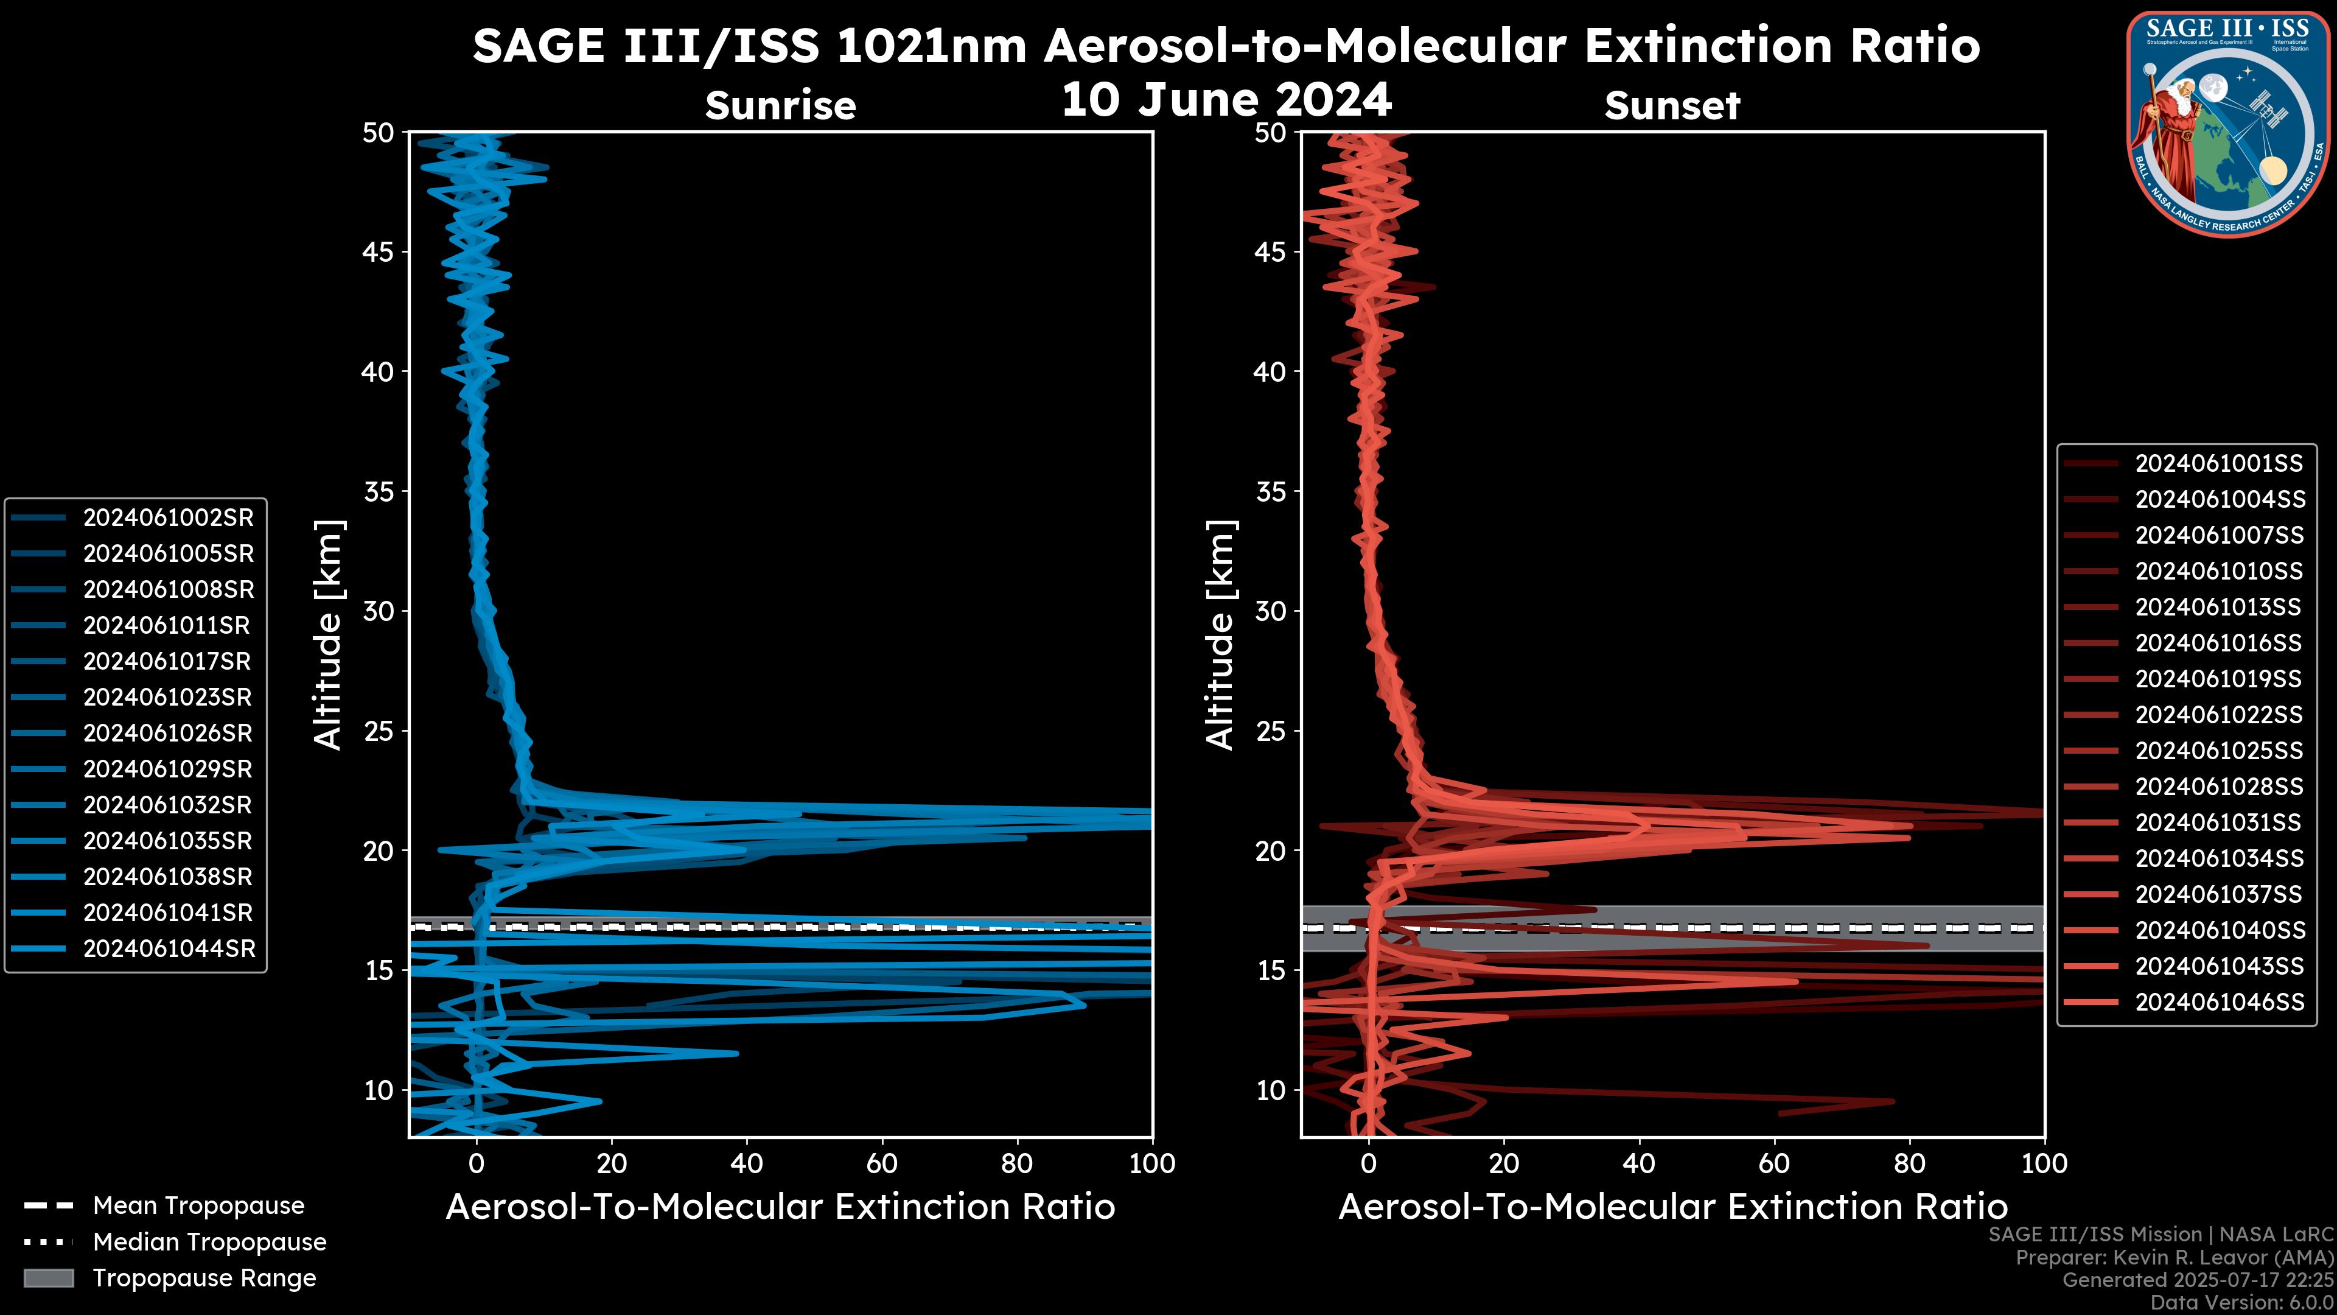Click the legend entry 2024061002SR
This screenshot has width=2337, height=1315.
pos(168,518)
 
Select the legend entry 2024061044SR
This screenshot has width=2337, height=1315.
pos(169,949)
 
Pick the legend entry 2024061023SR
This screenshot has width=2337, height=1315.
pos(168,698)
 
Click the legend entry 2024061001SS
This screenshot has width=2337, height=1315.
pos(2218,464)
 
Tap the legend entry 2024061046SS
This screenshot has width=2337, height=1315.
pos(2219,1003)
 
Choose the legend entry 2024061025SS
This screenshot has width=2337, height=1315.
pos(2218,751)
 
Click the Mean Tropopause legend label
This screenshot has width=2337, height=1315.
pos(198,1206)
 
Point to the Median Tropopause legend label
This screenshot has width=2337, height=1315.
pos(209,1243)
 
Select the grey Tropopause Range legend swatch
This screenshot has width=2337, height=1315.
pos(48,1278)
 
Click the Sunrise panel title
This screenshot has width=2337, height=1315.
pos(780,106)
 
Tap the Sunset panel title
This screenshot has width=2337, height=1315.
pos(1672,106)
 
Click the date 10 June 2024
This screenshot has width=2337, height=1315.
pos(1226,100)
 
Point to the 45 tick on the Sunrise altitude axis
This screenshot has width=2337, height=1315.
pos(379,252)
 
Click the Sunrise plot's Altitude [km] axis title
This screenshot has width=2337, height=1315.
pos(329,635)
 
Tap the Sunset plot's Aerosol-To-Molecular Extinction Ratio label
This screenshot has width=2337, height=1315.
pos(1672,1208)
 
